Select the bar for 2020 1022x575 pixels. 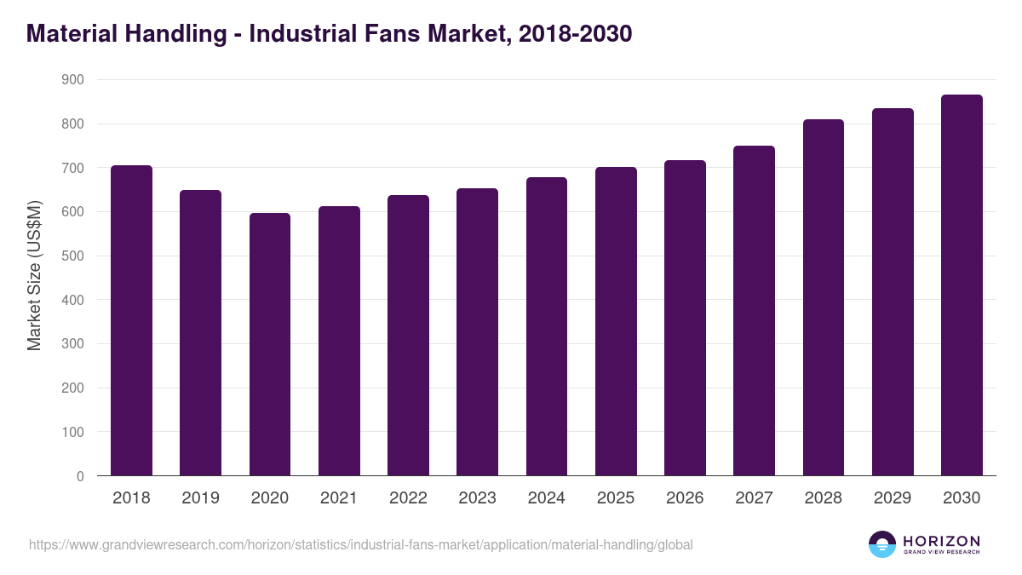coord(270,344)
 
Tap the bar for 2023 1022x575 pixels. coord(477,332)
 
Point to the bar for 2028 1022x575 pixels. coord(824,297)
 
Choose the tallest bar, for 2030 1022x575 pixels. coord(962,285)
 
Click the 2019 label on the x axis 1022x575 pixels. coord(200,498)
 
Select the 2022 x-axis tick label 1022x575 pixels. coord(408,498)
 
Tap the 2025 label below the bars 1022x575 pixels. coord(616,498)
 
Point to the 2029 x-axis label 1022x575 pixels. coord(893,498)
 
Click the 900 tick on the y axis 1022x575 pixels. coord(73,80)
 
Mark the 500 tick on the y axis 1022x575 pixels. coord(73,256)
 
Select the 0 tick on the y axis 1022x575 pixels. coord(80,476)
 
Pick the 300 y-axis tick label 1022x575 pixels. coord(73,344)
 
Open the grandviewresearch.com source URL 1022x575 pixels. coord(361,544)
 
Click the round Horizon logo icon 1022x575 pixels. coord(882,544)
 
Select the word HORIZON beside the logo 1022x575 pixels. coord(941,540)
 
